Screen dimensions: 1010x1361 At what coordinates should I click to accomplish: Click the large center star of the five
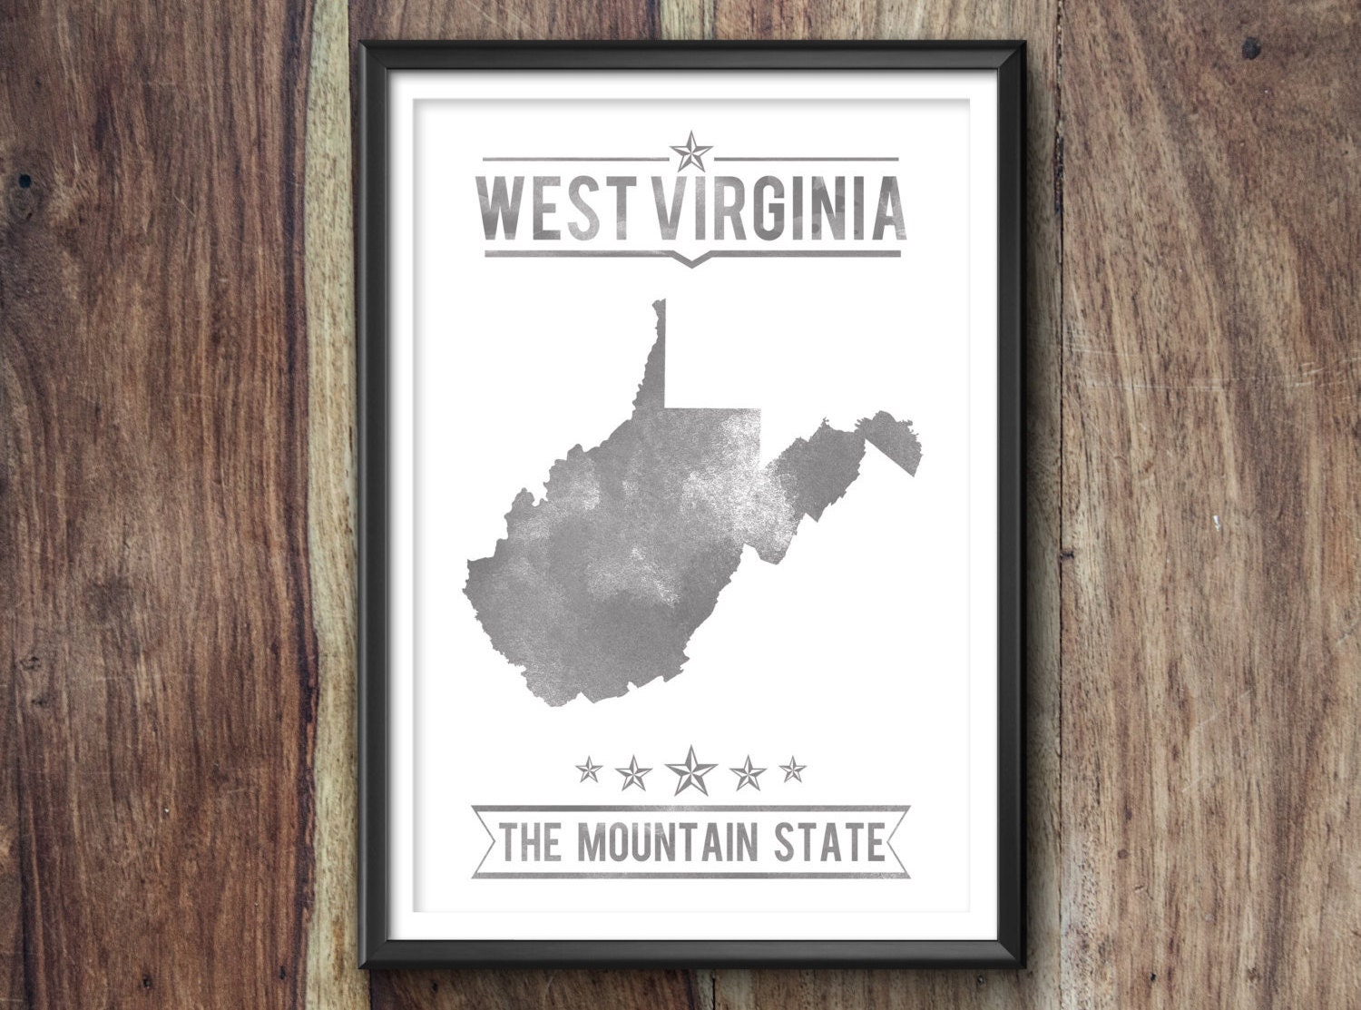pos(691,770)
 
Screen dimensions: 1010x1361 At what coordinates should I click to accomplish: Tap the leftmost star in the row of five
pos(590,771)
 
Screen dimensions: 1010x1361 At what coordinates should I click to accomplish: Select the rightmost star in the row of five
pos(793,771)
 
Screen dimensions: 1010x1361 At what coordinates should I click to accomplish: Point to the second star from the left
pos(634,772)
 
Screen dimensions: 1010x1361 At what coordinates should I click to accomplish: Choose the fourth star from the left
pos(749,772)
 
